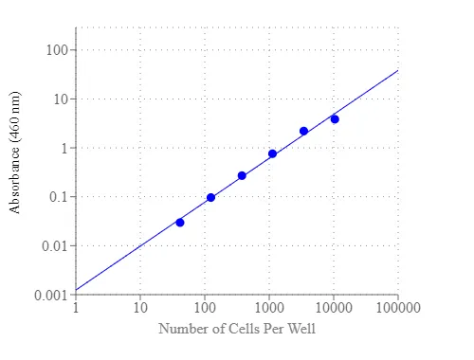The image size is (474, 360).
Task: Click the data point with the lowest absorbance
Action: click(180, 223)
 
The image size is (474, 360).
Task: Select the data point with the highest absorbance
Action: click(335, 119)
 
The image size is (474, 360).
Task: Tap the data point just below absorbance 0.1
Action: click(210, 198)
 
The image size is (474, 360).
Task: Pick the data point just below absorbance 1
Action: click(272, 153)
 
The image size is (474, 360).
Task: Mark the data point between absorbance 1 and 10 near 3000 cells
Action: click(303, 131)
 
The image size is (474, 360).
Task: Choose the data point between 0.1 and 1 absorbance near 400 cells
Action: click(242, 176)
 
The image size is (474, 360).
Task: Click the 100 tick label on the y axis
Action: click(57, 50)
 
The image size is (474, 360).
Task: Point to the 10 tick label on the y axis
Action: click(61, 99)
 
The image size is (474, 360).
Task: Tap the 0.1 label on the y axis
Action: click(59, 197)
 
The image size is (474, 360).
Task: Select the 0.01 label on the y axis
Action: click(55, 245)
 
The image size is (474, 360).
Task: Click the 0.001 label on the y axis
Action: click(51, 296)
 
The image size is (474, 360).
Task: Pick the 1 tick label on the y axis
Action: click(64, 148)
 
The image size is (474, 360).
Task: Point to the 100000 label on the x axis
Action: click(398, 308)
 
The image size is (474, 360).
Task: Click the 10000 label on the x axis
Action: click(334, 308)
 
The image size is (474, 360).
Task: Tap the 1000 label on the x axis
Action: click(269, 308)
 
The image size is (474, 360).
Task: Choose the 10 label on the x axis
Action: click(140, 308)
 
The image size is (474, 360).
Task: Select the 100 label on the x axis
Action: click(205, 308)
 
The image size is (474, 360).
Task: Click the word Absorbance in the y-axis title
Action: click(14, 180)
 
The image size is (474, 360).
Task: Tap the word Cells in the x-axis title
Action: click(245, 329)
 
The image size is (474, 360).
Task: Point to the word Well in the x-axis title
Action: click(302, 329)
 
